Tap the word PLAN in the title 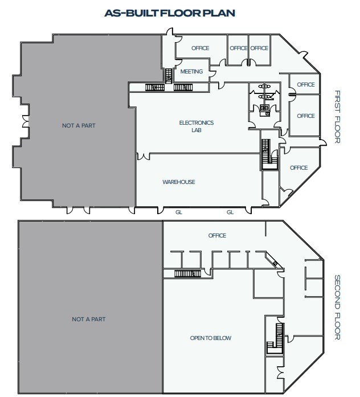point(222,13)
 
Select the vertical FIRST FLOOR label point(337,116)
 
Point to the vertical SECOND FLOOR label point(337,308)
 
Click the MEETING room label point(191,72)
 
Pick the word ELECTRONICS point(196,122)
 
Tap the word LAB point(196,130)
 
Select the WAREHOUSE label point(179,182)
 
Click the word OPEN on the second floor point(197,338)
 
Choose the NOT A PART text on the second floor point(88,319)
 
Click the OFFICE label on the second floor point(217,235)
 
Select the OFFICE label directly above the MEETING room point(201,48)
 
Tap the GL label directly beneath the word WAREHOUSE point(179,212)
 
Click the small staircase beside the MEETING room point(169,76)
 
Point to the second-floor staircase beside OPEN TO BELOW point(278,338)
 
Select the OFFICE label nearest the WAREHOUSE point(298,168)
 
